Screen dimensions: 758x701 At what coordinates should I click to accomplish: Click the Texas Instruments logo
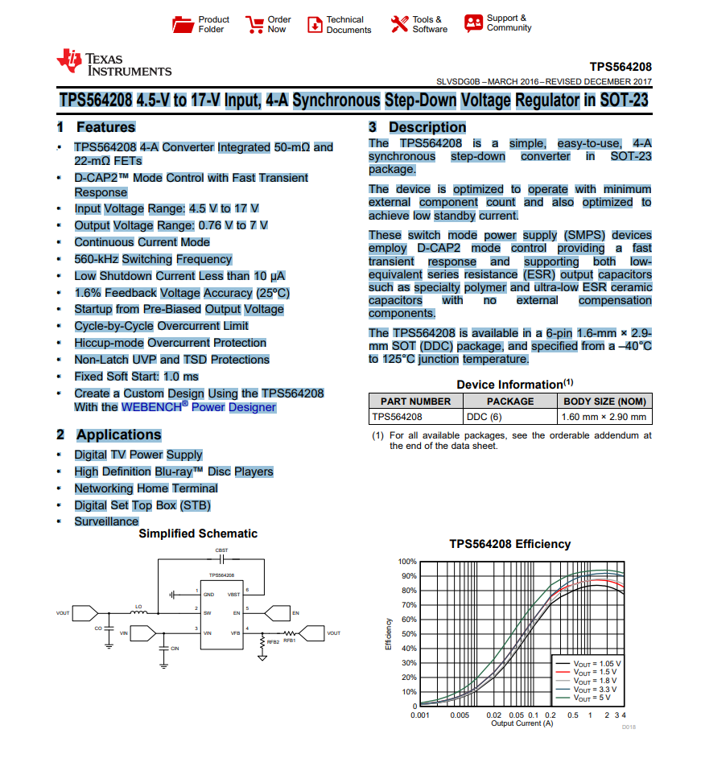pos(113,64)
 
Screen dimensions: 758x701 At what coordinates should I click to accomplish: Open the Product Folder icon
pos(183,25)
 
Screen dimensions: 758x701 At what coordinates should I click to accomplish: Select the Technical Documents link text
pos(348,25)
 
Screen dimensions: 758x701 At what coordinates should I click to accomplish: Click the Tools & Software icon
pos(399,25)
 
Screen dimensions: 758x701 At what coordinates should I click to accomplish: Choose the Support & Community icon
pos(473,23)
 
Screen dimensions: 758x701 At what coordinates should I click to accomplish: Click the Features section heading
pos(105,127)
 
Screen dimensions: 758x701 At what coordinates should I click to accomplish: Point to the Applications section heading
pos(118,435)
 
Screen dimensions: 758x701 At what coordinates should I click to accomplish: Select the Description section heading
pos(427,127)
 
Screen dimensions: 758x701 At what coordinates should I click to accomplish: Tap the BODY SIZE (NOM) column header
pos(604,401)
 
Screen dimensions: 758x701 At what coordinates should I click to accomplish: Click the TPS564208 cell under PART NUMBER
pos(397,417)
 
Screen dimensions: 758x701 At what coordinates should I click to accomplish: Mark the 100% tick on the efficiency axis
pos(407,561)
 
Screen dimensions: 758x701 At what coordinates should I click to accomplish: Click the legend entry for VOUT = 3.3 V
pos(596,690)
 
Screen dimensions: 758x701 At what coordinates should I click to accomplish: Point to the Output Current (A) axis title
pos(522,723)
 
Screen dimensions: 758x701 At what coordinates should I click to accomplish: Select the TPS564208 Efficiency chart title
pos(509,544)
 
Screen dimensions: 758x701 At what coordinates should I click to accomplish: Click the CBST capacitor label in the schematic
pos(221,550)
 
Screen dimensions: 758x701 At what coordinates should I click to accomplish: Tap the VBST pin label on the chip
pos(233,594)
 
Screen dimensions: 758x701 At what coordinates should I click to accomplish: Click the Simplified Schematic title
pos(198,533)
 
